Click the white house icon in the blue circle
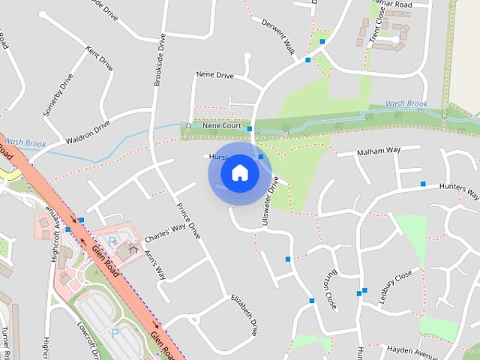[239, 173]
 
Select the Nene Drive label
[215, 76]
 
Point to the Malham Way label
[379, 150]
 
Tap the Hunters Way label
[458, 191]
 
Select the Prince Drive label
[188, 220]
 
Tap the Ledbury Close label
[395, 286]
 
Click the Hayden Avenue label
[412, 350]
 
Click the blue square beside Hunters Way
[423, 184]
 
